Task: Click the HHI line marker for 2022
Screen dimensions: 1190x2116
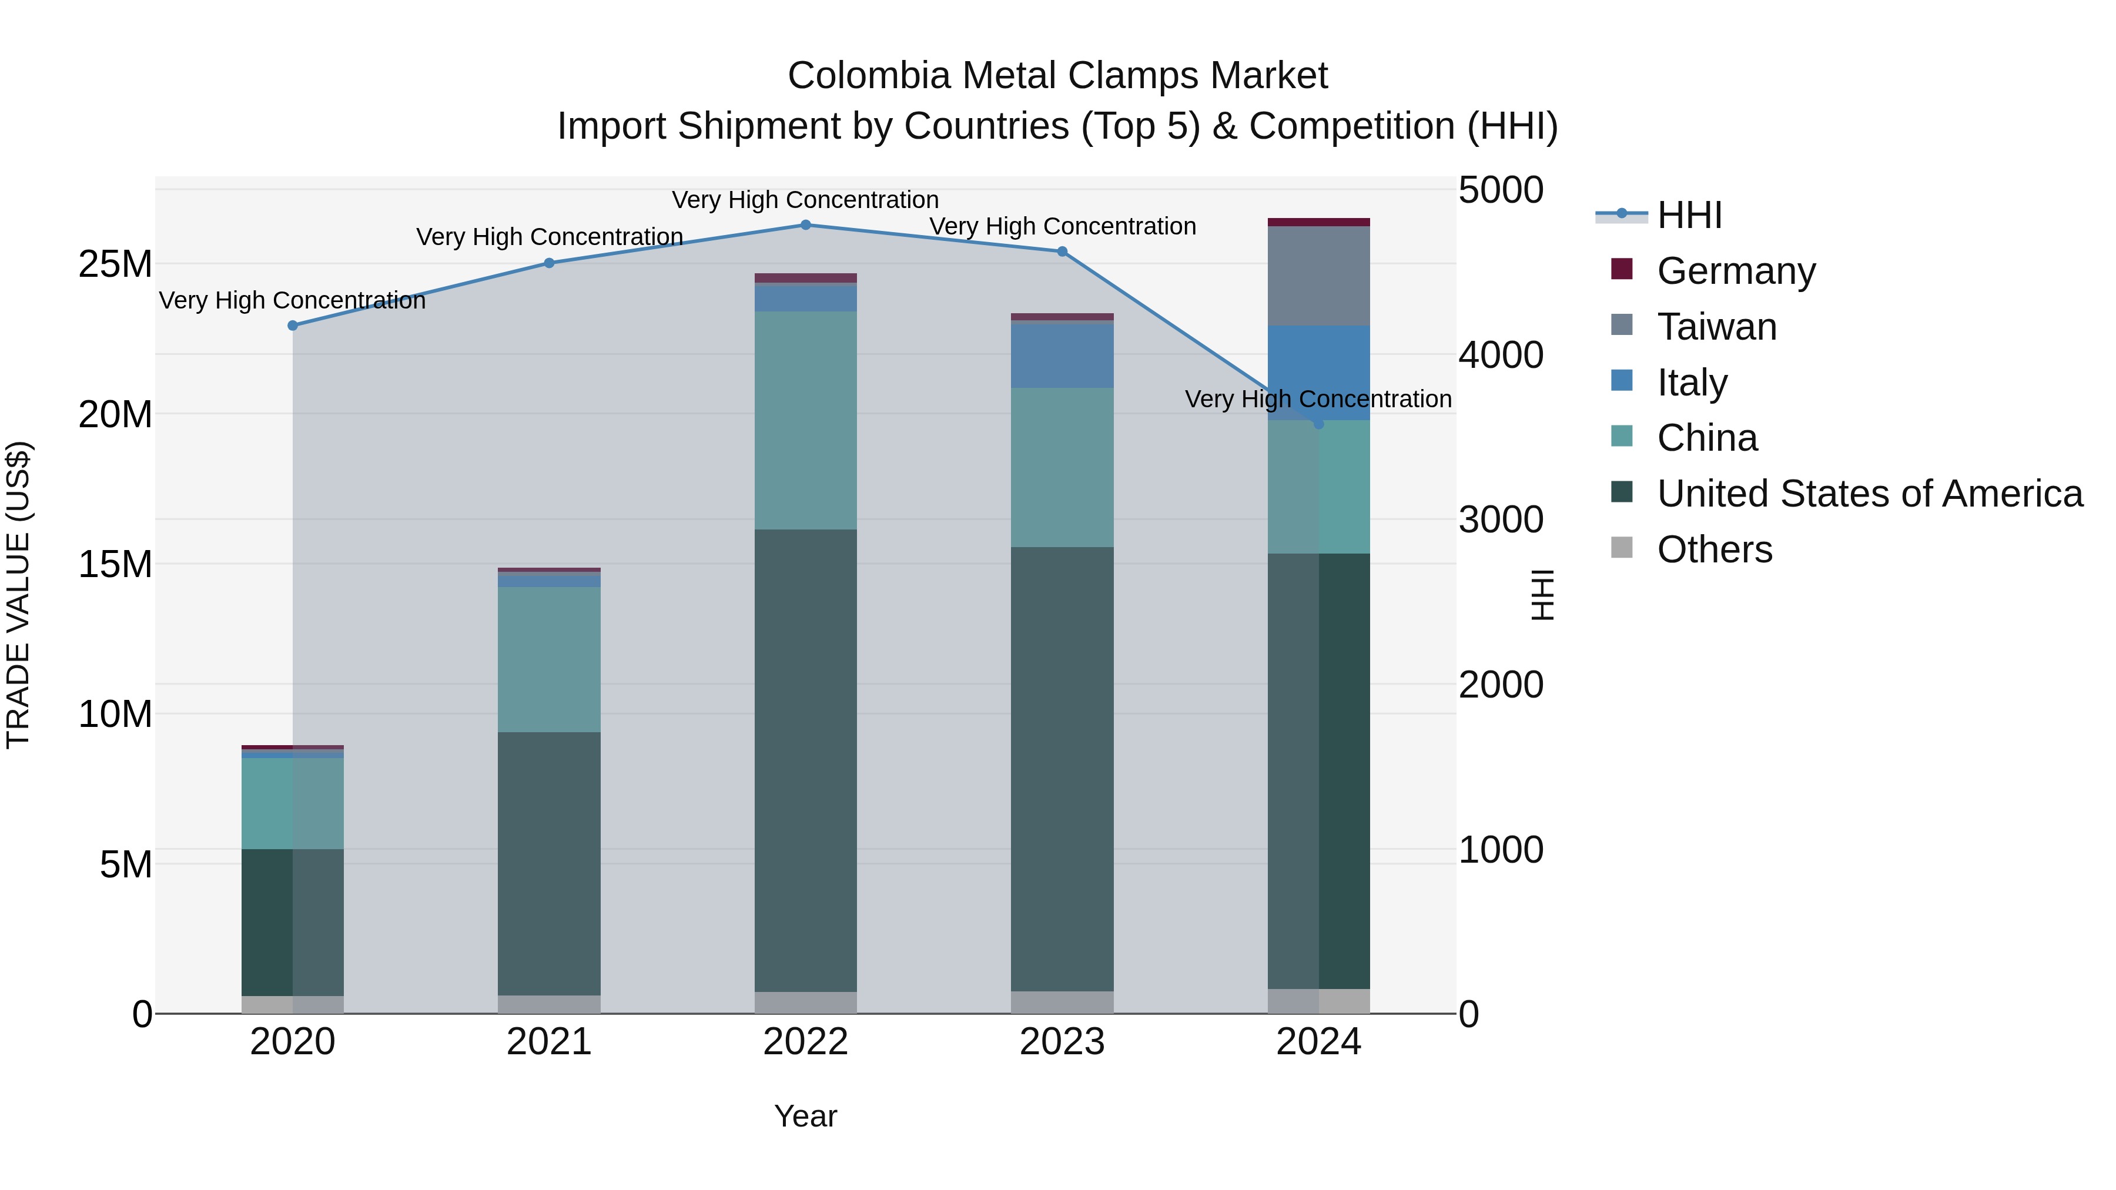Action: (x=805, y=225)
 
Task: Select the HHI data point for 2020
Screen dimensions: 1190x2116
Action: (x=293, y=325)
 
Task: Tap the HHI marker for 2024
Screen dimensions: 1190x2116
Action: (x=1318, y=424)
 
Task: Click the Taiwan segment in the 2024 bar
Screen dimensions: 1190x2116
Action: (x=1318, y=276)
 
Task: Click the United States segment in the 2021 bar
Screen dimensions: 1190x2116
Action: (x=549, y=862)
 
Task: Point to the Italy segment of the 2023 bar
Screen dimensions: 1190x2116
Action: (x=1062, y=355)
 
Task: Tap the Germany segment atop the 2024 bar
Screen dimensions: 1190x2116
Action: (x=1318, y=222)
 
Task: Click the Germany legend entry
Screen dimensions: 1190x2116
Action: (x=1735, y=271)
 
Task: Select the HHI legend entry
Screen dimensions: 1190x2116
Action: (x=1688, y=215)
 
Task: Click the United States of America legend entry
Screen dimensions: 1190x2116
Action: (x=1869, y=494)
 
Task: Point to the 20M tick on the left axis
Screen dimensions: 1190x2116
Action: (x=115, y=415)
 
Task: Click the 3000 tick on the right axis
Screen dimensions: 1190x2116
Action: (x=1500, y=520)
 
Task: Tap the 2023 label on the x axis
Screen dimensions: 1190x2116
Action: (x=1062, y=1042)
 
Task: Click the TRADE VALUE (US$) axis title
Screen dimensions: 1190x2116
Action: (x=18, y=595)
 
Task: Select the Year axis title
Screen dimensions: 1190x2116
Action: (x=805, y=1116)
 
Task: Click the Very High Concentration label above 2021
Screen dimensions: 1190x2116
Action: (x=549, y=236)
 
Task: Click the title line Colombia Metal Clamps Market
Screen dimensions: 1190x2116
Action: (x=1057, y=76)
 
